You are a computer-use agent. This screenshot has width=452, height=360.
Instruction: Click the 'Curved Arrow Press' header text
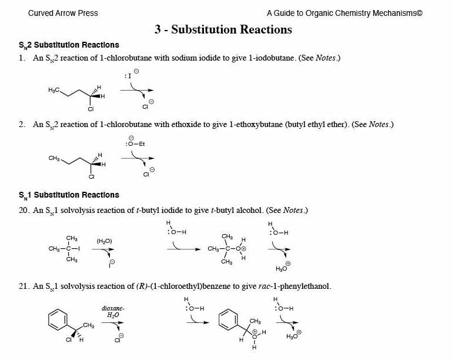pos(63,13)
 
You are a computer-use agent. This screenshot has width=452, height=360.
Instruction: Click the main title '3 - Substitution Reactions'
pos(223,29)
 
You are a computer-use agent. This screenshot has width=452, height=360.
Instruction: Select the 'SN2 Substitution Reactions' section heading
pos(69,45)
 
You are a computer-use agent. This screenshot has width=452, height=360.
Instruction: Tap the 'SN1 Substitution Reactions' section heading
pos(69,195)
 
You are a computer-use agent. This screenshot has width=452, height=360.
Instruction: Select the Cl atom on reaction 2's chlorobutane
pos(91,176)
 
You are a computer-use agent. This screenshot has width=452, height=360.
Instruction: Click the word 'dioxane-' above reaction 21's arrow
pos(113,308)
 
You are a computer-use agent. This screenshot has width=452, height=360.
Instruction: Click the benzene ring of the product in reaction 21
pos(228,321)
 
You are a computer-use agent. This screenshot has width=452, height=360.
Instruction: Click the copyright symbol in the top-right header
pos(419,13)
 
